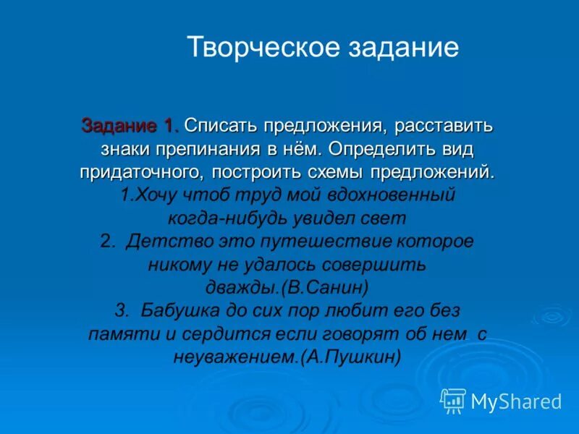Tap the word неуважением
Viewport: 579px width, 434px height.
[235, 357]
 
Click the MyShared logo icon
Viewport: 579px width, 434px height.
[454, 400]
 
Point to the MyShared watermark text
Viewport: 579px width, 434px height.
[516, 401]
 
